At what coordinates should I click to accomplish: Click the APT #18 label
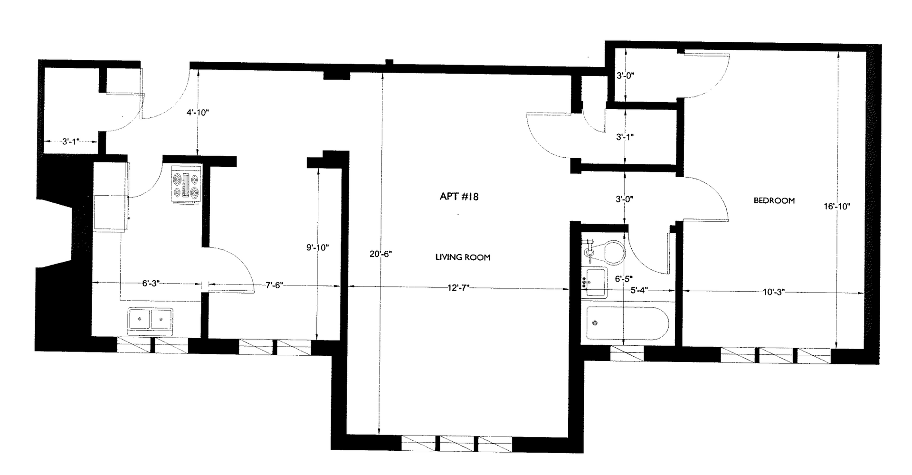pyautogui.click(x=459, y=196)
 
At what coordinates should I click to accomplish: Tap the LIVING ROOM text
pyautogui.click(x=463, y=257)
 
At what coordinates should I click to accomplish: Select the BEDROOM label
pyautogui.click(x=774, y=200)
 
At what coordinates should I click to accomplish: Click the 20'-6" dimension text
pyautogui.click(x=380, y=254)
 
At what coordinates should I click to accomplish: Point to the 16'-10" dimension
pyautogui.click(x=836, y=206)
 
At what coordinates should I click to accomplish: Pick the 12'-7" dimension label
pyautogui.click(x=458, y=287)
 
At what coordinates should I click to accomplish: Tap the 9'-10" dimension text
pyautogui.click(x=317, y=247)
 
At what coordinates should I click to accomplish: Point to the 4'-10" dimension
pyautogui.click(x=198, y=113)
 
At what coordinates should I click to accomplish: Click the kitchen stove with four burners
pyautogui.click(x=186, y=185)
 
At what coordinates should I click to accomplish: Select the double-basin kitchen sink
pyautogui.click(x=150, y=319)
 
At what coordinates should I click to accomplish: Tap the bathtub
pyautogui.click(x=627, y=323)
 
